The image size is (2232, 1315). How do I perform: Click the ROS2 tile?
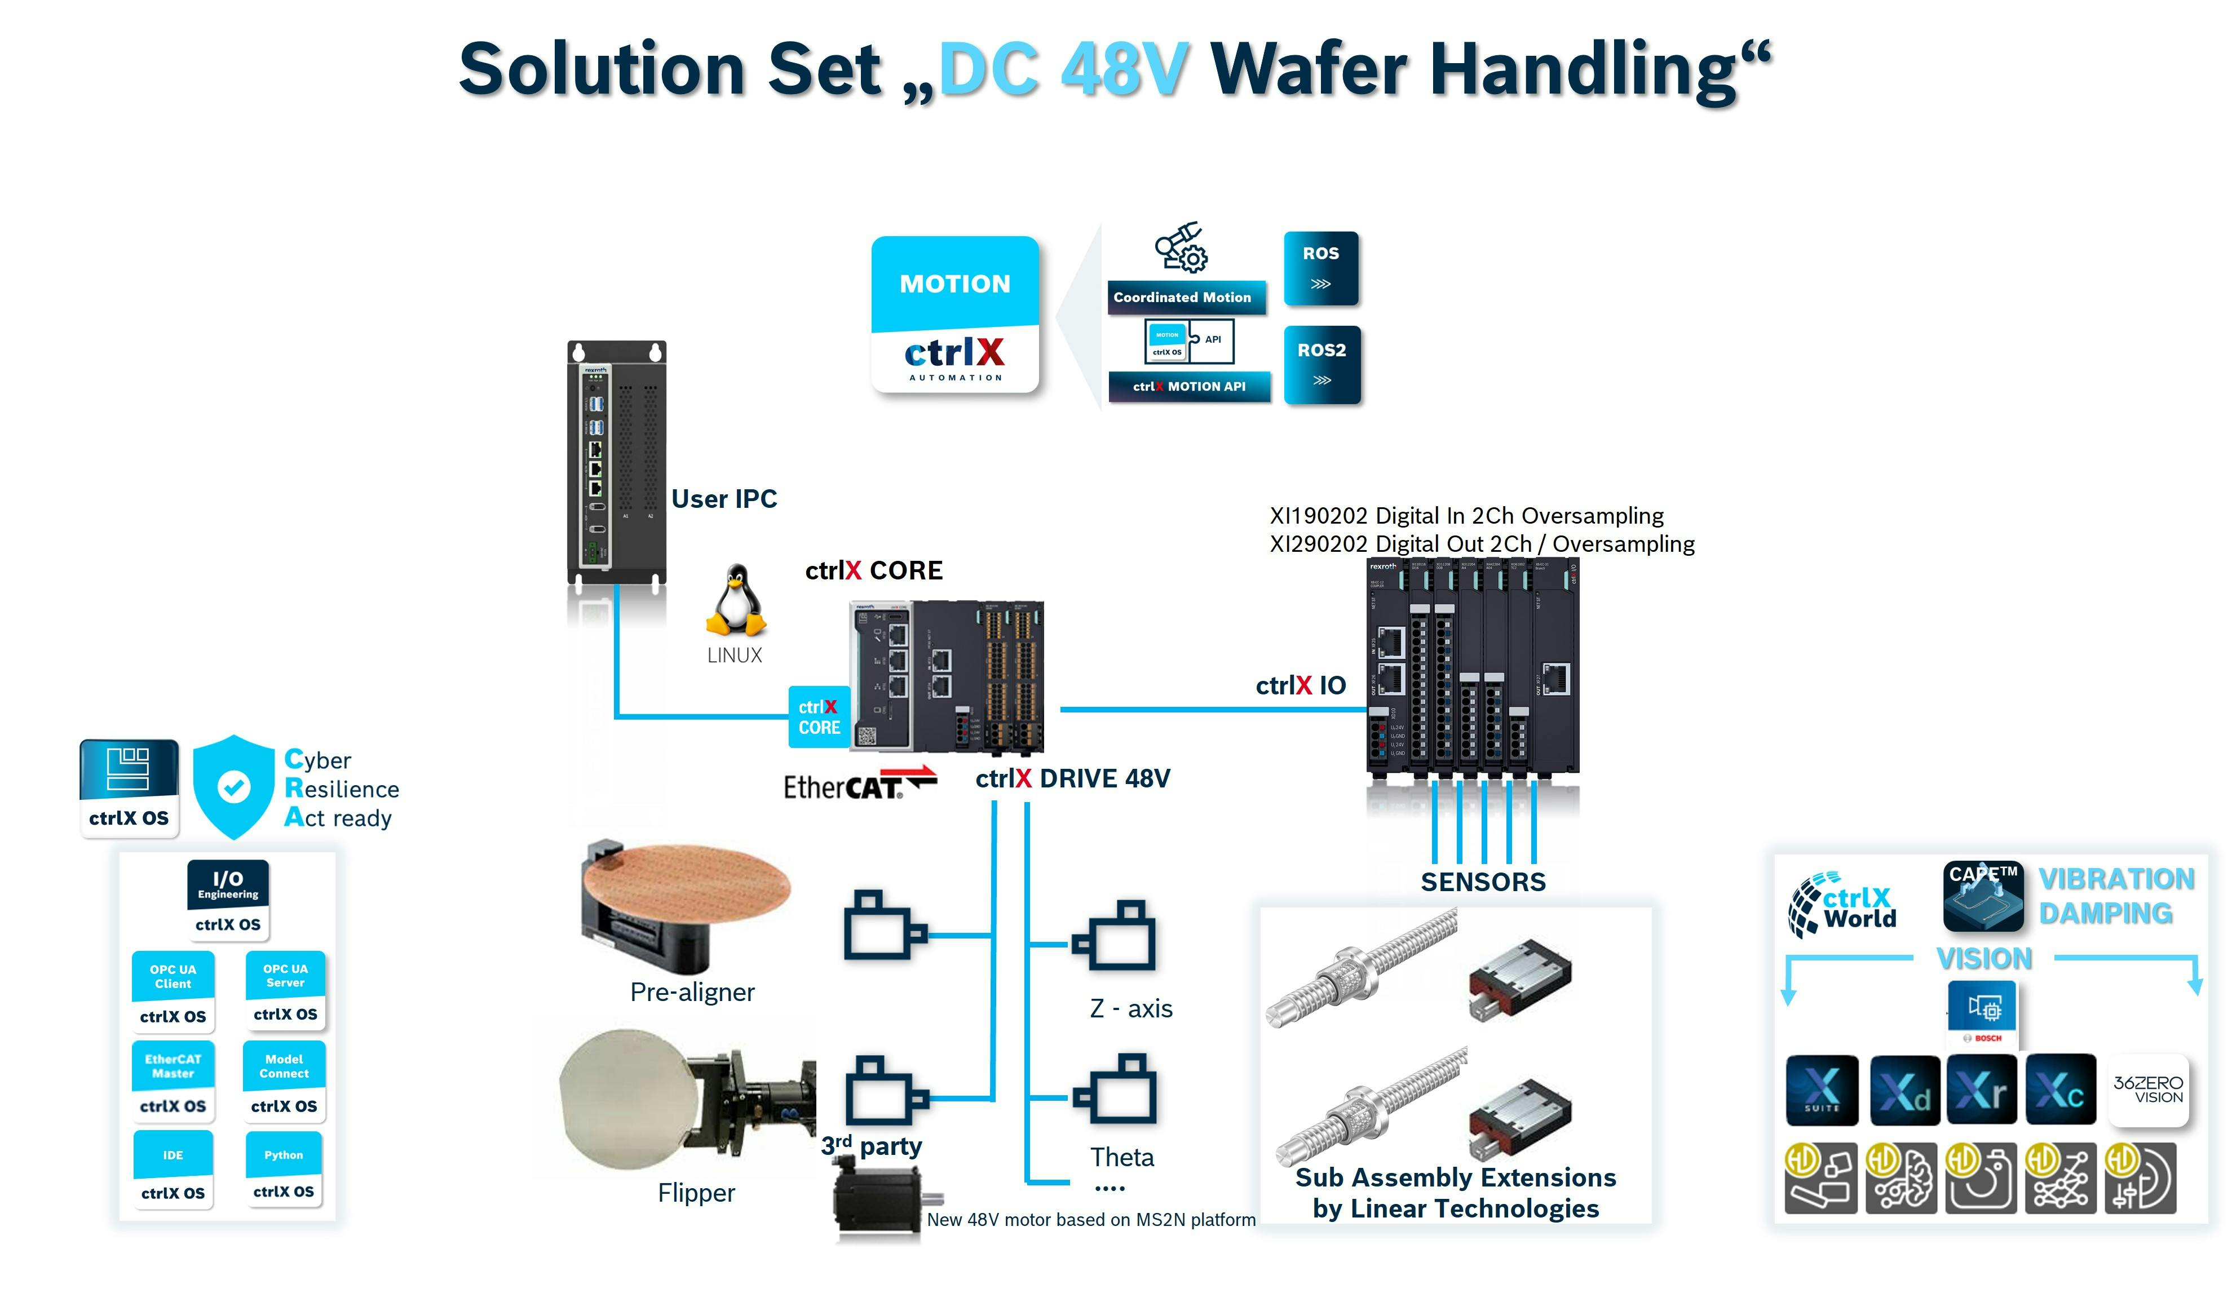click(1321, 364)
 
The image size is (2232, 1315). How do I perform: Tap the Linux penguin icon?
click(735, 601)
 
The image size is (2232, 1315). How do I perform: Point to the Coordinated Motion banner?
click(1184, 298)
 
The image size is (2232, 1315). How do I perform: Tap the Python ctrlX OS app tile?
click(284, 1170)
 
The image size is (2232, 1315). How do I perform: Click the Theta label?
click(1122, 1157)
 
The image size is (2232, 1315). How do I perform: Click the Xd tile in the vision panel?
click(1904, 1090)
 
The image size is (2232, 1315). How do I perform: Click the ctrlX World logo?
click(1843, 906)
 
